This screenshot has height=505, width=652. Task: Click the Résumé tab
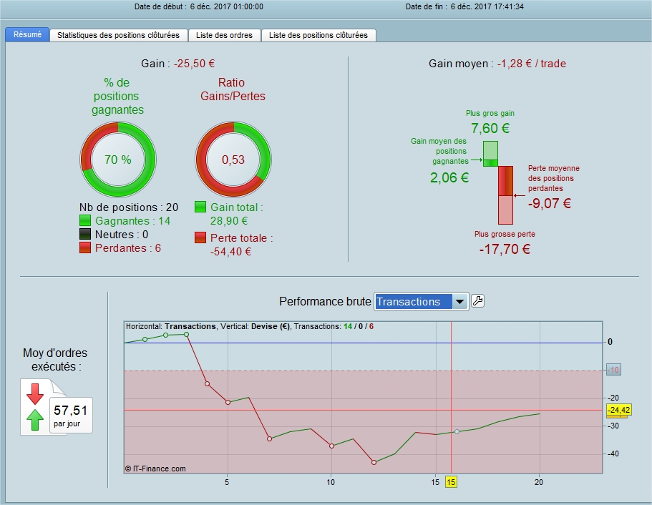(x=27, y=34)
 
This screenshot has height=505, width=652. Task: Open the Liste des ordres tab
(x=224, y=35)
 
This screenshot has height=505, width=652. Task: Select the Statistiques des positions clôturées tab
(x=119, y=35)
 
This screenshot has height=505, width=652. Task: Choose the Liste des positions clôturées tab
(x=318, y=35)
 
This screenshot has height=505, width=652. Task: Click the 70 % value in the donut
(x=117, y=160)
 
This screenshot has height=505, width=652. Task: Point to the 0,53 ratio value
(x=233, y=160)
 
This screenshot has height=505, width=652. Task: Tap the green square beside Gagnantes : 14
(x=86, y=221)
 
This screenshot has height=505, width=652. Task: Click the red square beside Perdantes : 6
(x=86, y=247)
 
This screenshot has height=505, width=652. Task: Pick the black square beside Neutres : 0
(x=86, y=235)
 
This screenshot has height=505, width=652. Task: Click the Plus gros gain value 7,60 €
(x=490, y=129)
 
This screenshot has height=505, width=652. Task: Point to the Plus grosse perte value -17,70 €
(x=505, y=249)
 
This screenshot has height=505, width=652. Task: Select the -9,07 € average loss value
(x=550, y=203)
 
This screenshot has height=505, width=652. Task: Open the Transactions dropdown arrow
(x=460, y=302)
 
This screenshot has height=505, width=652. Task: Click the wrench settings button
(x=477, y=301)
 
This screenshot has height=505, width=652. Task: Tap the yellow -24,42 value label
(x=618, y=410)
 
